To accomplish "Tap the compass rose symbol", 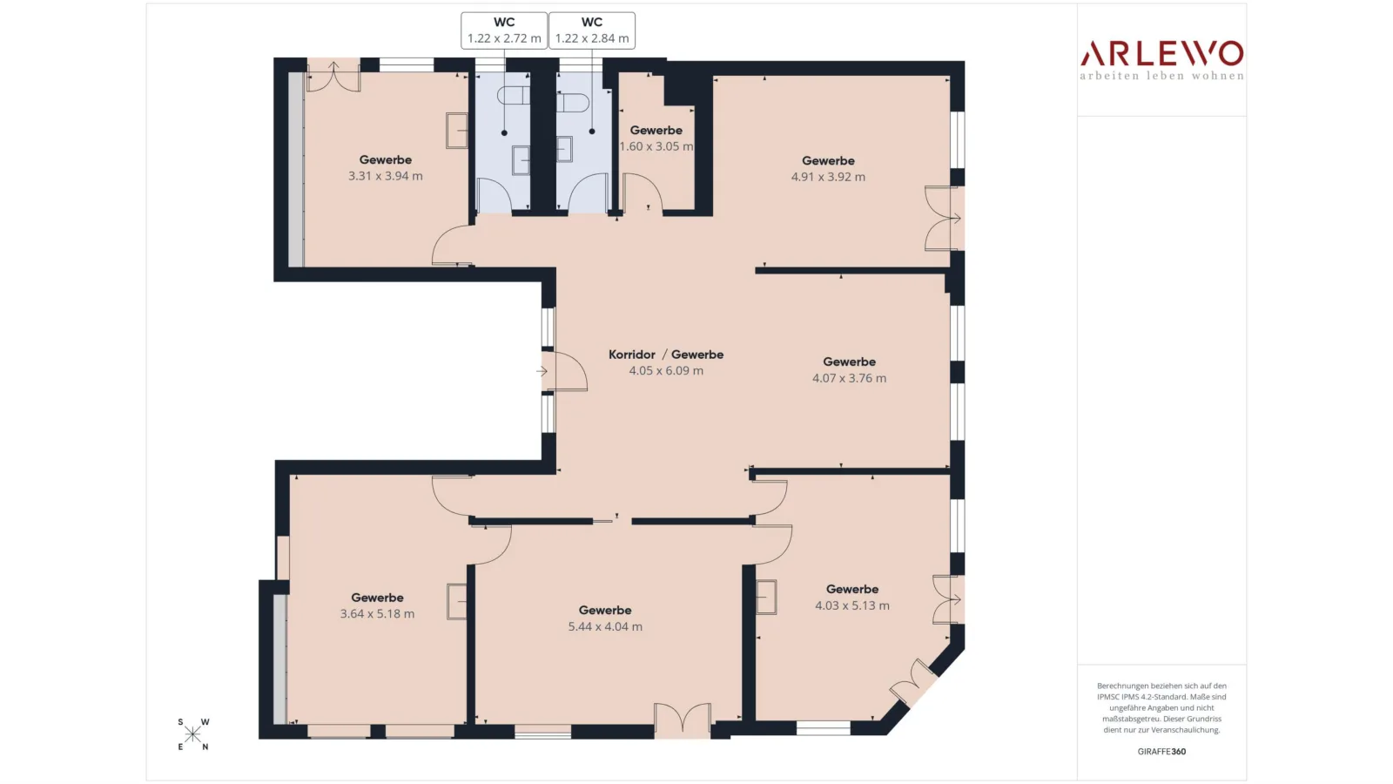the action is tap(192, 734).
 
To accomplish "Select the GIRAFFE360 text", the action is tap(1161, 751).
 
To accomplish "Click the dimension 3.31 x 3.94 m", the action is tap(386, 176).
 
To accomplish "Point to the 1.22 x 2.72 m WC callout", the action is tap(504, 30).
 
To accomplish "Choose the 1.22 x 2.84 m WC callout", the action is tap(592, 30).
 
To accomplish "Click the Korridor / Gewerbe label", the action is tap(666, 355).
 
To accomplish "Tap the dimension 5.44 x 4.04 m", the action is tap(605, 626).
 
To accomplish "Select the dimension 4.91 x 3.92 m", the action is tap(828, 177).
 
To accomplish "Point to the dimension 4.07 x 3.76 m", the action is tap(850, 378).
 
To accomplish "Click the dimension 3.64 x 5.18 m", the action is tap(378, 613).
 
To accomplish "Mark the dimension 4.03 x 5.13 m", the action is tap(852, 605).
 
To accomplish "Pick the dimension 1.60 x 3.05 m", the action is tap(656, 146).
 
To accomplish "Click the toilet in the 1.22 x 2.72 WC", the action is tap(513, 95).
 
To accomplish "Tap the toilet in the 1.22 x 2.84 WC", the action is tap(573, 103).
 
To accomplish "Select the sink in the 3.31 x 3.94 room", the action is tap(457, 131).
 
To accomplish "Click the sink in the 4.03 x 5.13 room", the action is tap(766, 598).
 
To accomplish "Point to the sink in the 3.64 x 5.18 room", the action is tap(457, 602).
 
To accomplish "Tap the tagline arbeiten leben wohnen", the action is tap(1161, 76).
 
